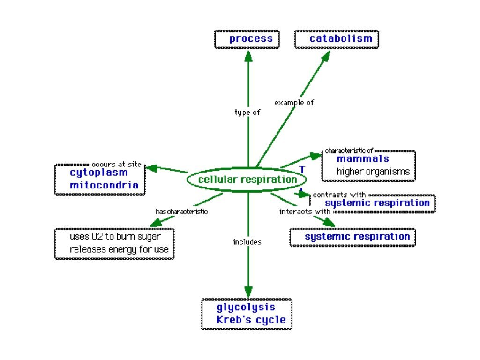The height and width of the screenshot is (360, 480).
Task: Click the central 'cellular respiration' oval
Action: pos(247,180)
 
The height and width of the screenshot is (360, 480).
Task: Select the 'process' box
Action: pos(247,39)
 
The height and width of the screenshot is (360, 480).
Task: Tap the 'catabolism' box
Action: pos(337,39)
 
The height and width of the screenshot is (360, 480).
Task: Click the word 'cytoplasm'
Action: pos(99,172)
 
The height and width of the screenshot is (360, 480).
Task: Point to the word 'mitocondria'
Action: pos(104,185)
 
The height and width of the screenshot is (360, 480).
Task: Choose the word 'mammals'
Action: pos(362,159)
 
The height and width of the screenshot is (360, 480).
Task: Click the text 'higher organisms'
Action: pos(373,172)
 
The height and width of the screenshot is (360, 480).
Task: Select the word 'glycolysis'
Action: pos(246,307)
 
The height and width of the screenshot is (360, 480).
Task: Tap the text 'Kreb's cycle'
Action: pos(251,320)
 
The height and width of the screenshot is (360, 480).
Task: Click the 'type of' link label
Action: pos(247,112)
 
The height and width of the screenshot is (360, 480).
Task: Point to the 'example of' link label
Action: pos(294,102)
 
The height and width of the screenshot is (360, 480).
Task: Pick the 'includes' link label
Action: pos(247,242)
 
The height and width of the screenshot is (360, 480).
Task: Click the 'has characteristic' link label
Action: pos(181,211)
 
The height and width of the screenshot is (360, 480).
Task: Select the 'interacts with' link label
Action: pos(305,211)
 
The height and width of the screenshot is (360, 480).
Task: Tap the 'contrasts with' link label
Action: pos(339,195)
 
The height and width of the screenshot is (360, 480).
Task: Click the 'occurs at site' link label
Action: pos(116,165)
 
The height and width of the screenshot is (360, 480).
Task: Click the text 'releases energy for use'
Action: pos(119,249)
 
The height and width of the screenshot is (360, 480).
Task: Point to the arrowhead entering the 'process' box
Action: pos(248,55)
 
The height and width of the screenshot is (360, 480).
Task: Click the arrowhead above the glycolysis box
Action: pos(248,291)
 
